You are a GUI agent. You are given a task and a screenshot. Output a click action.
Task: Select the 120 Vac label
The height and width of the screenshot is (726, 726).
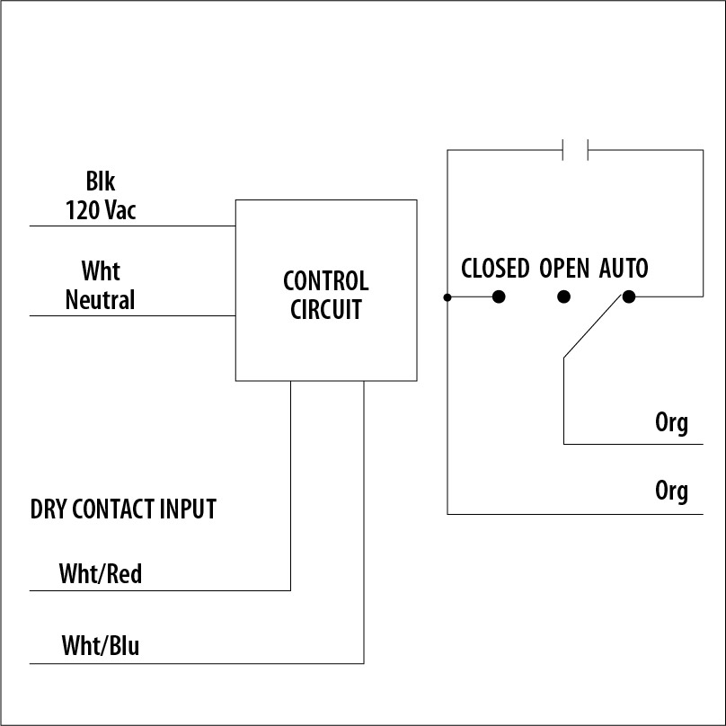tap(100, 210)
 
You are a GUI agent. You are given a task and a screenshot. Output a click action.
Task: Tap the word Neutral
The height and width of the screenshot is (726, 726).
tap(100, 300)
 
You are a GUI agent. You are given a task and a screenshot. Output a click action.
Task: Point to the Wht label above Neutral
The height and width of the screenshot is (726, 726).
tap(100, 271)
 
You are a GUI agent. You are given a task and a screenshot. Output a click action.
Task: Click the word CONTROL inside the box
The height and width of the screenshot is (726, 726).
tap(325, 281)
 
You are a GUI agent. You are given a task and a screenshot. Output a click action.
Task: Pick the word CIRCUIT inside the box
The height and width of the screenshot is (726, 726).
tap(325, 310)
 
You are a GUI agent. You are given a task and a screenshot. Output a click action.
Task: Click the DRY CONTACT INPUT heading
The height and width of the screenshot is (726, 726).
tap(123, 509)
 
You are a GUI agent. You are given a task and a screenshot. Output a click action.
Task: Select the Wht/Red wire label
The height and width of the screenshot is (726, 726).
tap(100, 573)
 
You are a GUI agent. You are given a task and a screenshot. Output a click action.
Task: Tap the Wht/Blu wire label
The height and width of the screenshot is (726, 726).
tap(100, 645)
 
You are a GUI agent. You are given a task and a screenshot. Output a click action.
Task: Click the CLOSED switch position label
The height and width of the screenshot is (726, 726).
tap(495, 269)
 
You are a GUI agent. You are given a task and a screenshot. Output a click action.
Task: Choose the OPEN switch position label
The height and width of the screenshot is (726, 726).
tap(564, 269)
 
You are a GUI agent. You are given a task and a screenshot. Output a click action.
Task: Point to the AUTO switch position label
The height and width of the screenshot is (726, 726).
tap(624, 269)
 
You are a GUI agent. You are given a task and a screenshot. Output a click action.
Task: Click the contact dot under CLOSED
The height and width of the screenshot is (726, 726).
tap(498, 297)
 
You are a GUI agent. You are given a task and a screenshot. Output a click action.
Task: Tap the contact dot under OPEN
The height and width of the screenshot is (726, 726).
tap(563, 297)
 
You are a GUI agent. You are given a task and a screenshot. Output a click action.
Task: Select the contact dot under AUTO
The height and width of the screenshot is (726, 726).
tap(629, 297)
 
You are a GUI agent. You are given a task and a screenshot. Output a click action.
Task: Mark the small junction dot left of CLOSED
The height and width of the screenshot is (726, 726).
tap(447, 297)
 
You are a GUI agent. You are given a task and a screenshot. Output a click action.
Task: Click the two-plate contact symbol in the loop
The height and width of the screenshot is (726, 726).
tap(575, 149)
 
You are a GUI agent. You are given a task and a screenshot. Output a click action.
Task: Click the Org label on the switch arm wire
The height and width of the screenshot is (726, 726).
tap(671, 423)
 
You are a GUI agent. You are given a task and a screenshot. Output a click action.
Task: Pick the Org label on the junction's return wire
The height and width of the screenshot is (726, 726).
tap(671, 491)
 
